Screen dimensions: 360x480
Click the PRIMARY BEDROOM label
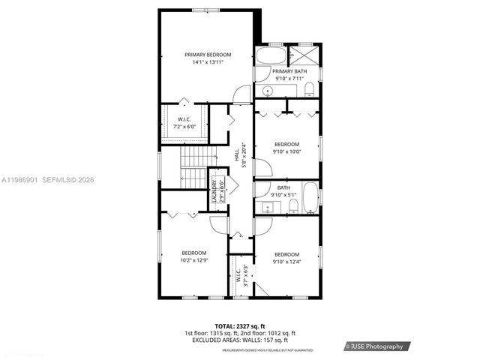[x=208, y=55]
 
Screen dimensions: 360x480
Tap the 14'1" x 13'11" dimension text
[x=208, y=63]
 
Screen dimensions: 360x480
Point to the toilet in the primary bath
[x=310, y=91]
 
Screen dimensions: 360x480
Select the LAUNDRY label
[x=214, y=192]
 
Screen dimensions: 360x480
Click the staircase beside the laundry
[x=192, y=166]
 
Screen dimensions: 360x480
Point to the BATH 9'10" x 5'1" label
[x=283, y=190]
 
